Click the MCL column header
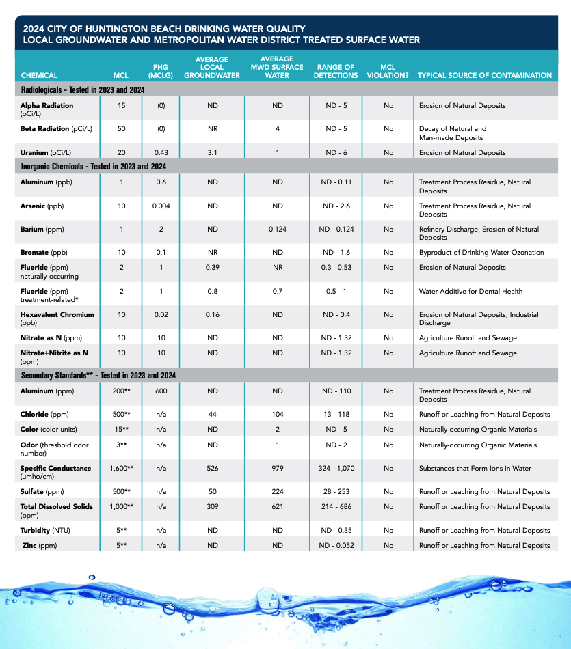(x=120, y=75)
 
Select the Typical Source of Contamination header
(x=485, y=75)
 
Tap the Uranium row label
(x=44, y=153)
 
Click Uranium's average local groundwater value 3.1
(x=212, y=153)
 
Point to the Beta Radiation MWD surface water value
(x=277, y=128)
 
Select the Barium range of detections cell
(x=336, y=230)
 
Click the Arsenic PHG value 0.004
(x=161, y=206)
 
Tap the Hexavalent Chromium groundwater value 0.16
(x=212, y=315)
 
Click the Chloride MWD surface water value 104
(x=277, y=415)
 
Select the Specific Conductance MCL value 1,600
(x=121, y=469)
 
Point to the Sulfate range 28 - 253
(x=336, y=492)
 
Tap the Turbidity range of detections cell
(x=336, y=531)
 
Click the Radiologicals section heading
(x=85, y=90)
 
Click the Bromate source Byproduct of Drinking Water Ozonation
(x=481, y=253)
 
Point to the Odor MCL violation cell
(x=388, y=445)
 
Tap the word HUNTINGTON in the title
(x=106, y=29)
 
